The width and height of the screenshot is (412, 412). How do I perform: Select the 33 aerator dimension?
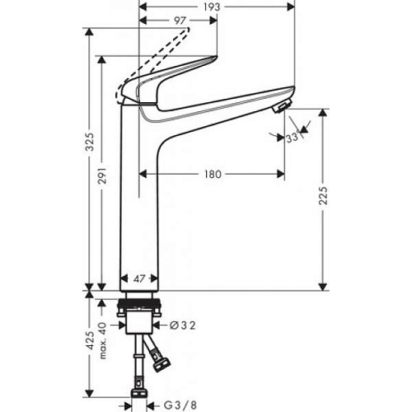coord(292,138)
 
